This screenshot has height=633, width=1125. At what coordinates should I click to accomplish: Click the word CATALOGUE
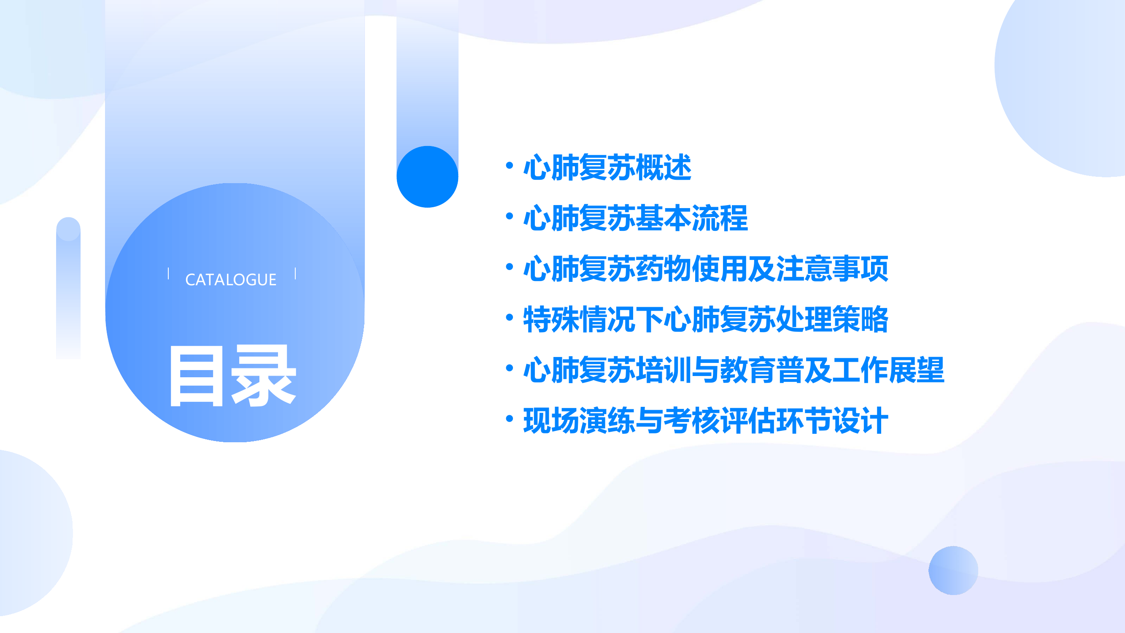[x=231, y=280]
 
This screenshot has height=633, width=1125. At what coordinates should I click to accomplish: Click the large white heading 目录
[x=233, y=376]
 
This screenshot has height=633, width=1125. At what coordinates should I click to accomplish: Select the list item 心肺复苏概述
[x=607, y=167]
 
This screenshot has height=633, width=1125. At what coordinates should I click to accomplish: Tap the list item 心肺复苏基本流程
[x=635, y=218]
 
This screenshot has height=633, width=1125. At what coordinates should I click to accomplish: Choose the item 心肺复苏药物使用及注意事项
[x=706, y=269]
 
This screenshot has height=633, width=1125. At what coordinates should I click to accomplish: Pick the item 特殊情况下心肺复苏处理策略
[x=706, y=319]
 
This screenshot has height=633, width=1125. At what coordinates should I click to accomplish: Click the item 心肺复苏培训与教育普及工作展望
[x=734, y=370]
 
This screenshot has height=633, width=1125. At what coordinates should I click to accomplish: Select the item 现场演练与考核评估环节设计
[x=706, y=421]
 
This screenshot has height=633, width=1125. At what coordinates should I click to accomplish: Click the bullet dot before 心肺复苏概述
[x=509, y=165]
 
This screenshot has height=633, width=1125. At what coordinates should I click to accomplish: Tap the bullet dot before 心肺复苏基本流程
[x=509, y=216]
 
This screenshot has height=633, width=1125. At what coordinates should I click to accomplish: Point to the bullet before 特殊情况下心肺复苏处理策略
[x=509, y=317]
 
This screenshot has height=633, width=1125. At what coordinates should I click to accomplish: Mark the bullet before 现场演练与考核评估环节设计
[x=509, y=419]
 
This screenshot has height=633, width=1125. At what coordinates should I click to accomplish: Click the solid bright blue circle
[x=427, y=176]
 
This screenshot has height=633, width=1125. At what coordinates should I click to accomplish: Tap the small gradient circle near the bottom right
[x=953, y=570]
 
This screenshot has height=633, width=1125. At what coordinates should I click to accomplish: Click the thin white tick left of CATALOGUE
[x=168, y=273]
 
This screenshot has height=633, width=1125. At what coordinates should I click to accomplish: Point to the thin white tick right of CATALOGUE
[x=296, y=273]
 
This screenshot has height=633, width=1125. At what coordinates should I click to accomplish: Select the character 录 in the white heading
[x=264, y=376]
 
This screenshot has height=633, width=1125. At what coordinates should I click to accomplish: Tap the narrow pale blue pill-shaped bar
[x=68, y=288]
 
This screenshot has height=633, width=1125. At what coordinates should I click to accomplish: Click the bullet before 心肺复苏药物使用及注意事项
[x=509, y=266]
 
